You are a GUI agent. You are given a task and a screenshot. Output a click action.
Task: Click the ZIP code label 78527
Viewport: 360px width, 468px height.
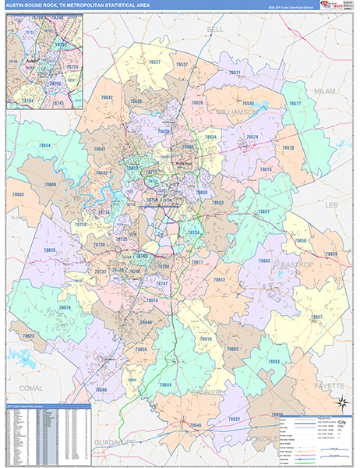coord(155,62)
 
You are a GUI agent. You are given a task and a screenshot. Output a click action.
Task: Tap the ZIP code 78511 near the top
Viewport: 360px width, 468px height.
coord(235,73)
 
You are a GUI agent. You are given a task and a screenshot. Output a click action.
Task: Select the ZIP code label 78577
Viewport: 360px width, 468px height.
coord(295,104)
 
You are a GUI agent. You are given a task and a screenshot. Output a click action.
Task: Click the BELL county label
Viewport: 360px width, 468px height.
coord(215,29)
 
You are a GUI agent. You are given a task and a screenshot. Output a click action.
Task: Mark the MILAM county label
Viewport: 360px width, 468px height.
coord(323,90)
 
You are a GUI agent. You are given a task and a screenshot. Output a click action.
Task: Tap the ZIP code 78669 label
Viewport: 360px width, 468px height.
coord(51,185)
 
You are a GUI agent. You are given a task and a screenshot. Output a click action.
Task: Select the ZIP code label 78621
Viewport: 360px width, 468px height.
coord(264,211)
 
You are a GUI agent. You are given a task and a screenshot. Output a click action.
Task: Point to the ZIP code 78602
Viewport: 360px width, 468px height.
coord(264,261)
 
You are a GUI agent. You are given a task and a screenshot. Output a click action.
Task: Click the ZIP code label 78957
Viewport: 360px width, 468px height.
coord(316,317)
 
